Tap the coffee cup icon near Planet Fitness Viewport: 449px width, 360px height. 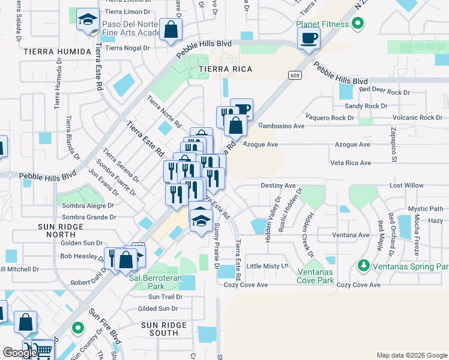(x=309, y=39)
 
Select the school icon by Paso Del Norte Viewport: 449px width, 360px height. (x=88, y=20)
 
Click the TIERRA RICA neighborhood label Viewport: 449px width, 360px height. (x=226, y=70)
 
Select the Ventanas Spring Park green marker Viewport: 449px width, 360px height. (x=363, y=265)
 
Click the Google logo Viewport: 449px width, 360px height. (x=20, y=353)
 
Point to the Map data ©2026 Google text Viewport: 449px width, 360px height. (x=411, y=355)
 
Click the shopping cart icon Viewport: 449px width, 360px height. (x=41, y=350)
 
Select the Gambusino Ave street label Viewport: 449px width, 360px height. (x=282, y=126)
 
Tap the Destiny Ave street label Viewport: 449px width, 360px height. (x=278, y=186)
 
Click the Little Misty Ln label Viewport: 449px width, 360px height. (x=268, y=266)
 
